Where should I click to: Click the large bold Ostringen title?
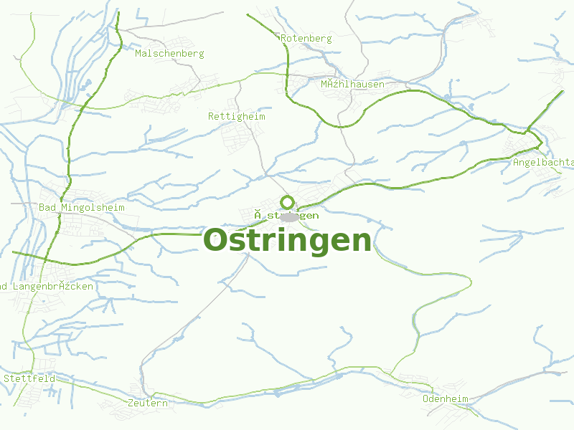(288, 241)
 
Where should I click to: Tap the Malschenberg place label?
(169, 54)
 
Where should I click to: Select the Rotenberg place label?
(306, 39)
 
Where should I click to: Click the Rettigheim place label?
(237, 116)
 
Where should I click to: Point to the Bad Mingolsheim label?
(82, 208)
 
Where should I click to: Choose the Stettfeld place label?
(29, 378)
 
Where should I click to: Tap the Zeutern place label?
(148, 403)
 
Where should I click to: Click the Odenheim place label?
(446, 398)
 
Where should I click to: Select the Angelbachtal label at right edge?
(543, 163)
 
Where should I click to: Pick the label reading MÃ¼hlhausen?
(352, 85)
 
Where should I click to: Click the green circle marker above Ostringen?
(288, 202)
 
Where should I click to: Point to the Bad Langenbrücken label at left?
(47, 287)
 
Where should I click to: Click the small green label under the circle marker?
(287, 216)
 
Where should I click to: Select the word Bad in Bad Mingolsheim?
(47, 208)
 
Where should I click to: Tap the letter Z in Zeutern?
(131, 403)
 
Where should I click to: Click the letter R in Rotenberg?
(284, 39)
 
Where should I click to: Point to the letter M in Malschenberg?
(138, 54)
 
